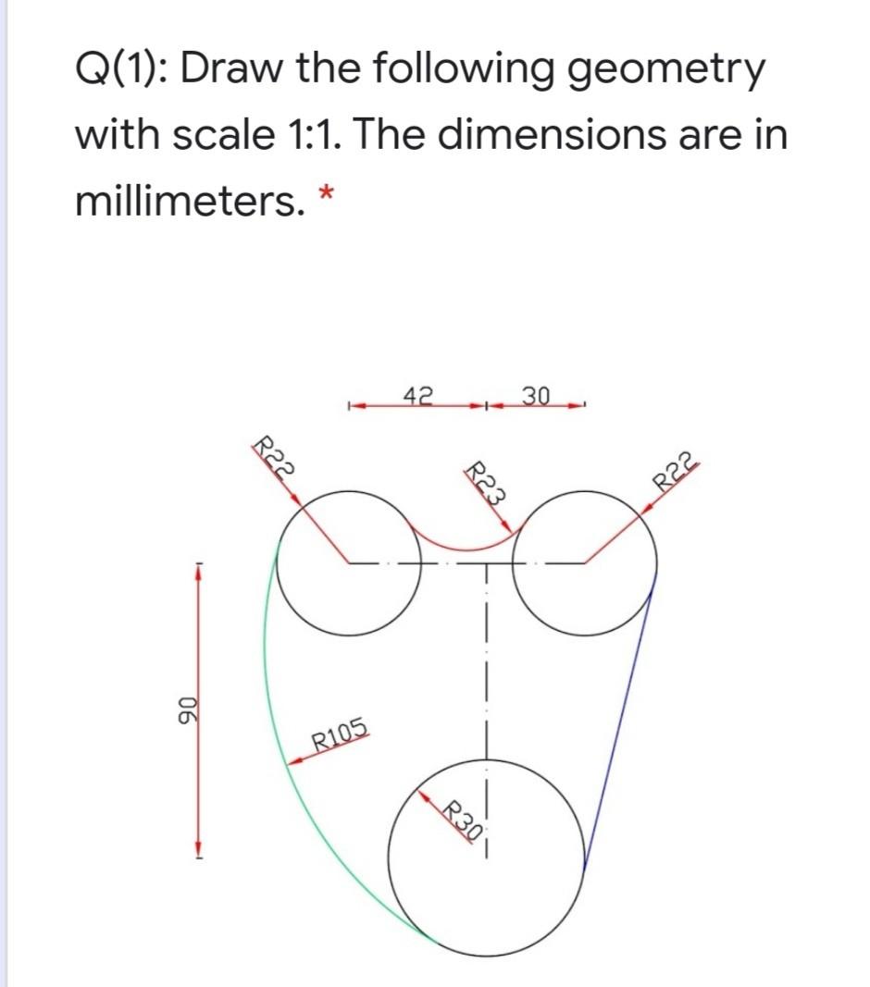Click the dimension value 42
click(x=419, y=395)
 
